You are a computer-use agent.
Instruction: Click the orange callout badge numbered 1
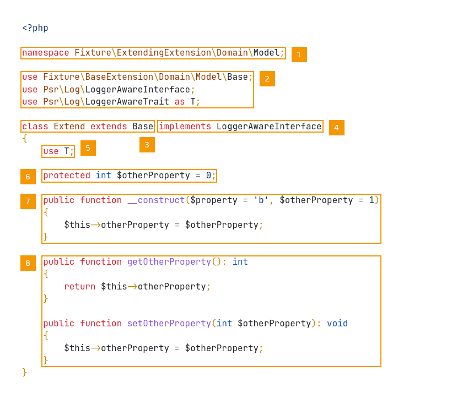[299, 54]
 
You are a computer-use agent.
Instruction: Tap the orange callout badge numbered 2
[267, 79]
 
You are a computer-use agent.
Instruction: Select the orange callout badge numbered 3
[147, 145]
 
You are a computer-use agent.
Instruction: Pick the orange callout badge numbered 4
[336, 128]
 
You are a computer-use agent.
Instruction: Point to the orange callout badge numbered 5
[88, 148]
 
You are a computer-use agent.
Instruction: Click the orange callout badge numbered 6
[28, 177]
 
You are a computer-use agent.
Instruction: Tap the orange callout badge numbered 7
[28, 201]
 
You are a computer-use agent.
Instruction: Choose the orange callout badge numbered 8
[28, 263]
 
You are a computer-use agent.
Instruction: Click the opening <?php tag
[35, 28]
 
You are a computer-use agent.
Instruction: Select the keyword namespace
[46, 53]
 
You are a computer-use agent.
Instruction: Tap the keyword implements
[185, 127]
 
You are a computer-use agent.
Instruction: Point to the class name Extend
[69, 127]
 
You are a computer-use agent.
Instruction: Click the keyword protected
[66, 176]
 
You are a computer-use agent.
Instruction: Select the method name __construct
[156, 200]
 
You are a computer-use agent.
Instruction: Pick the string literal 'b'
[261, 200]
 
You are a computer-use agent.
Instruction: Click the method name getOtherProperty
[169, 262]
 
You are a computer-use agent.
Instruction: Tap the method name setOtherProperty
[169, 324]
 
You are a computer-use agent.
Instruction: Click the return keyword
[79, 287]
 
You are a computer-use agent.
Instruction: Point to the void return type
[337, 324]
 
